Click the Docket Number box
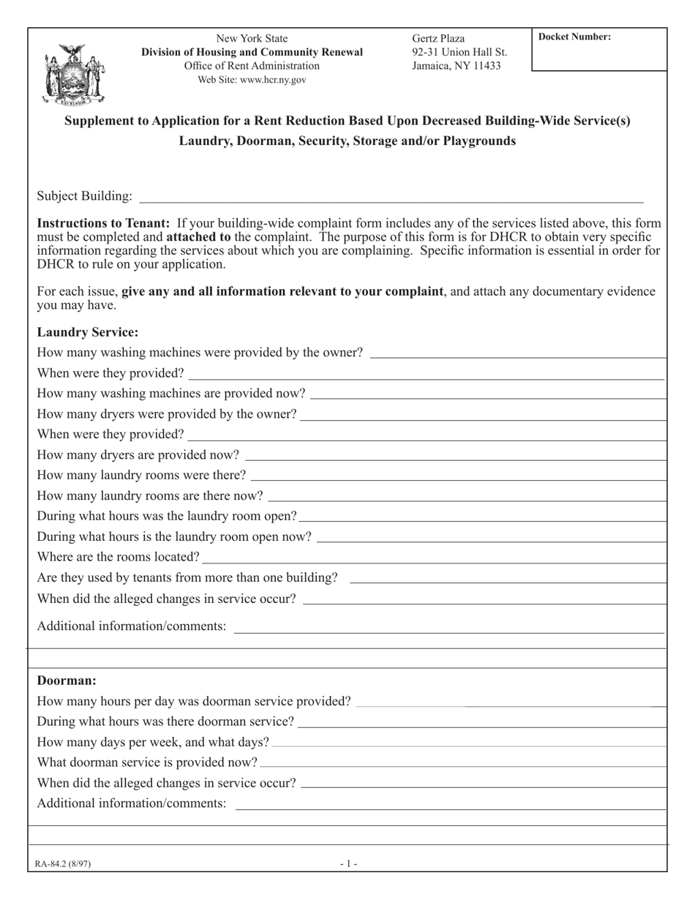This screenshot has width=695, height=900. click(x=599, y=50)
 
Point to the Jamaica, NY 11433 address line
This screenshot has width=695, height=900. click(x=457, y=65)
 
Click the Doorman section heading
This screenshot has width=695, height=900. click(x=67, y=680)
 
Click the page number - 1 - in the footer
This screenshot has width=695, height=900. click(x=348, y=863)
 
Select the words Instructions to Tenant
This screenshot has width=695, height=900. click(x=103, y=223)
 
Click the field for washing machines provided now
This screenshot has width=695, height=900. click(x=488, y=394)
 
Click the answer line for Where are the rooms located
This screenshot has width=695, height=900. click(x=435, y=558)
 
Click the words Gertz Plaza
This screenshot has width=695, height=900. click(x=438, y=39)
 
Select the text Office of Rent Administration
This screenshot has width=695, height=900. click(x=252, y=66)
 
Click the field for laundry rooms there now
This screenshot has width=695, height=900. click(x=467, y=496)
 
